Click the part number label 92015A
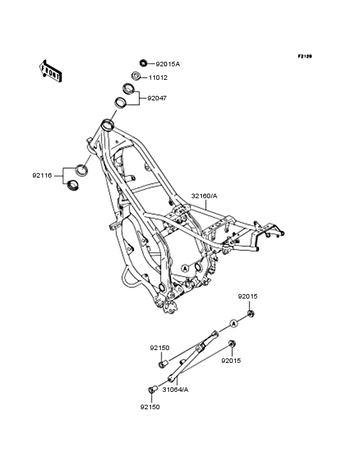(168, 64)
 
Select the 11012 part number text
(158, 78)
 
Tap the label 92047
(157, 98)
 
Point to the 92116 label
(42, 176)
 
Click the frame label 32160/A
(204, 196)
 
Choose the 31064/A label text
(175, 390)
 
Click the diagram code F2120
(305, 56)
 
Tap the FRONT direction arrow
(50, 71)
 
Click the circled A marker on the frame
(185, 268)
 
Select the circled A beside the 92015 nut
(234, 323)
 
